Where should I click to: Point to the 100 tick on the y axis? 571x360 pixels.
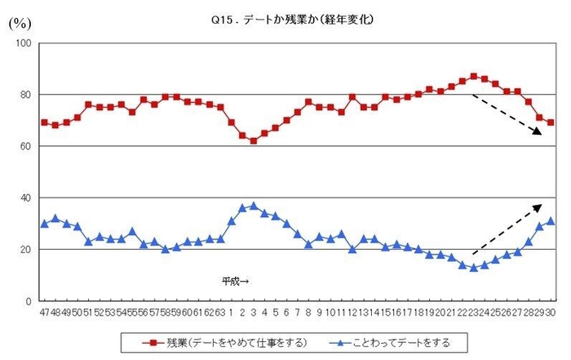(x=23, y=43)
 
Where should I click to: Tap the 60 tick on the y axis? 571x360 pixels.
(x=25, y=147)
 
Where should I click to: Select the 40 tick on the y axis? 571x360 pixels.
(x=25, y=198)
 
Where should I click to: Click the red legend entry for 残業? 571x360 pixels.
(x=213, y=341)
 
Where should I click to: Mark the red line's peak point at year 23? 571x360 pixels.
(x=474, y=76)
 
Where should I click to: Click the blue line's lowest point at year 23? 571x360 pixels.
(x=474, y=267)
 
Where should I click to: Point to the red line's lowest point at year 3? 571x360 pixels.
(x=254, y=140)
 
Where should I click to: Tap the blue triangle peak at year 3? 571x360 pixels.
(x=254, y=206)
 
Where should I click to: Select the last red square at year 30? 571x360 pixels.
(x=551, y=122)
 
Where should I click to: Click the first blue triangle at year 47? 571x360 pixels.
(x=44, y=223)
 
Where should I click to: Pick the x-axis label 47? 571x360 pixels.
(x=44, y=312)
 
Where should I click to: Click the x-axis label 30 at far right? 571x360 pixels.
(x=551, y=312)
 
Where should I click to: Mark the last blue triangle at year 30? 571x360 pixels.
(x=551, y=220)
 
